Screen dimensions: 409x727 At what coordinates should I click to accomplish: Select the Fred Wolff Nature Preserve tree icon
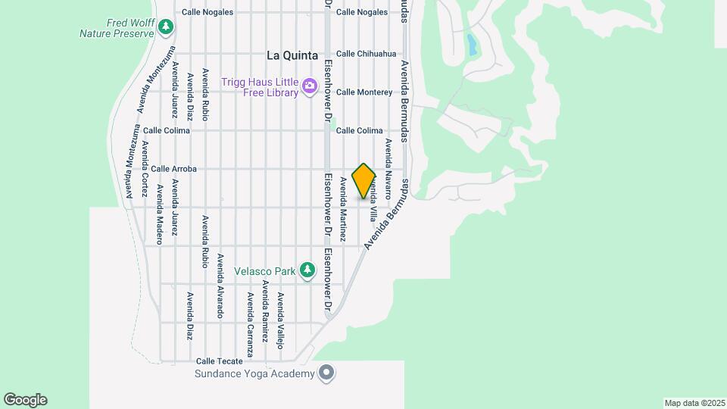(x=166, y=27)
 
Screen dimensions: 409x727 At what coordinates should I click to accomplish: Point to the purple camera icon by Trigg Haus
(x=309, y=86)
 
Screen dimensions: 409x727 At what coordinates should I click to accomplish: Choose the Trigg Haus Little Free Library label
(x=260, y=86)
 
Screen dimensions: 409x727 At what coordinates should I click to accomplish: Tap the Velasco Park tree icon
(x=307, y=269)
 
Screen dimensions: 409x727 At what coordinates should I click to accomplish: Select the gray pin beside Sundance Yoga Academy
(x=326, y=373)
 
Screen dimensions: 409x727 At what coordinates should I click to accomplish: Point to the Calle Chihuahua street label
(x=366, y=54)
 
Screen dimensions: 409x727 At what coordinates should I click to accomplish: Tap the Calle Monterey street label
(x=364, y=92)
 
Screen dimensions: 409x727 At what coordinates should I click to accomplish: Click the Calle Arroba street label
(x=174, y=169)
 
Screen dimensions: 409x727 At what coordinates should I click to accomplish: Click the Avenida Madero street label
(x=160, y=214)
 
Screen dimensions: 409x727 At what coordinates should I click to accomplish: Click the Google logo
(x=25, y=400)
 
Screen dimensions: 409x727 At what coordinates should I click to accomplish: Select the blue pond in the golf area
(x=473, y=45)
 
